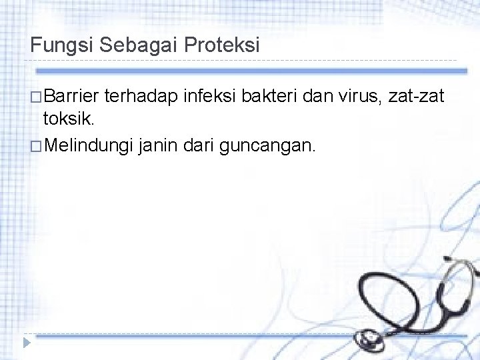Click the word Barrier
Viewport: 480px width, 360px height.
click(x=72, y=99)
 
